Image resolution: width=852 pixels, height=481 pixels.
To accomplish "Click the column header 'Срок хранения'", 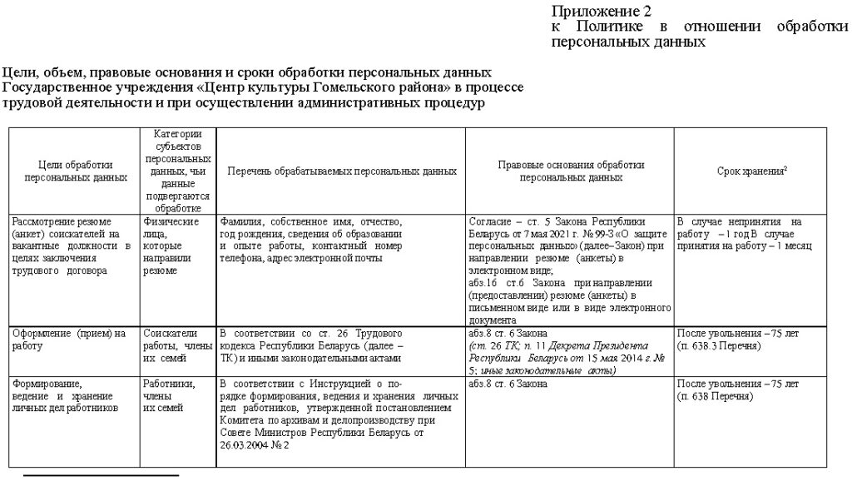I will [x=752, y=171].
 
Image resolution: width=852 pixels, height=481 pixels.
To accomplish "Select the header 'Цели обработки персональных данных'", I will [x=76, y=171].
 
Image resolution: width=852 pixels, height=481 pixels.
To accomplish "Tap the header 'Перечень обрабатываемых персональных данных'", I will [x=342, y=171].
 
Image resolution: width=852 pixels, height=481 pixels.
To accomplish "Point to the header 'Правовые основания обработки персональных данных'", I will [x=571, y=171].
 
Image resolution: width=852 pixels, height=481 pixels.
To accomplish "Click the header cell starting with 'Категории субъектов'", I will [x=177, y=171].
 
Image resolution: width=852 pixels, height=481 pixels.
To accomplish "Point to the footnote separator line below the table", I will [x=101, y=476].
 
